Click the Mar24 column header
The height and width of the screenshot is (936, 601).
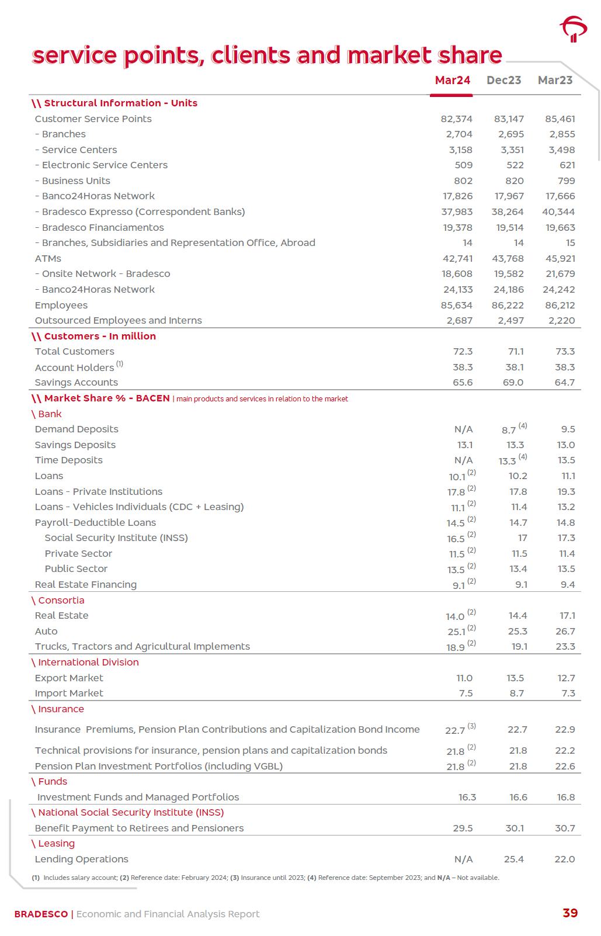(453, 80)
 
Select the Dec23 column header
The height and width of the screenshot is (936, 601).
(503, 80)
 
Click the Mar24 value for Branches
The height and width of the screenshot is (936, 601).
(459, 134)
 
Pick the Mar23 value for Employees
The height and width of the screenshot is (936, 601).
(560, 305)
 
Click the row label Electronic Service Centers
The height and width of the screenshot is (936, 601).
(105, 165)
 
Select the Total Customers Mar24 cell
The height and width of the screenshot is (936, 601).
(463, 351)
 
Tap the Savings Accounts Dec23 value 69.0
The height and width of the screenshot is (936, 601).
(513, 382)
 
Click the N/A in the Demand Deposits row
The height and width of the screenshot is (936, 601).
(463, 429)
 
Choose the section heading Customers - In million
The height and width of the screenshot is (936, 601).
(100, 336)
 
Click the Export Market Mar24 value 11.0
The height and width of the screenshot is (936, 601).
(464, 678)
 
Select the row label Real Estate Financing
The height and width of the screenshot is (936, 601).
(86, 584)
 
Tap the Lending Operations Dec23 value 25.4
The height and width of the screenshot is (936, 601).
(513, 859)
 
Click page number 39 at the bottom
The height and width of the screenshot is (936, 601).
(569, 913)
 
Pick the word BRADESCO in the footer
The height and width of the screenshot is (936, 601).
(41, 914)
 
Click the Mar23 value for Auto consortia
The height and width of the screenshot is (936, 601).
(565, 631)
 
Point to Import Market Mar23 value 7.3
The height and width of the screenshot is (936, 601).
(567, 693)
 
